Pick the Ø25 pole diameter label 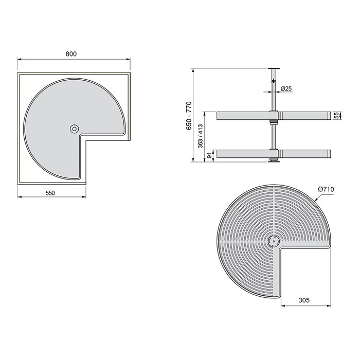click(286, 89)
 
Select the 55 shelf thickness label click(336, 116)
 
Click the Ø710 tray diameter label click(326, 189)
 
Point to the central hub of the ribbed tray click(273, 240)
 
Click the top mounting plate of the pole click(273, 68)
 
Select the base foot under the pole click(273, 161)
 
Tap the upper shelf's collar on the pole click(274, 116)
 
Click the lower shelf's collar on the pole click(274, 153)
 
